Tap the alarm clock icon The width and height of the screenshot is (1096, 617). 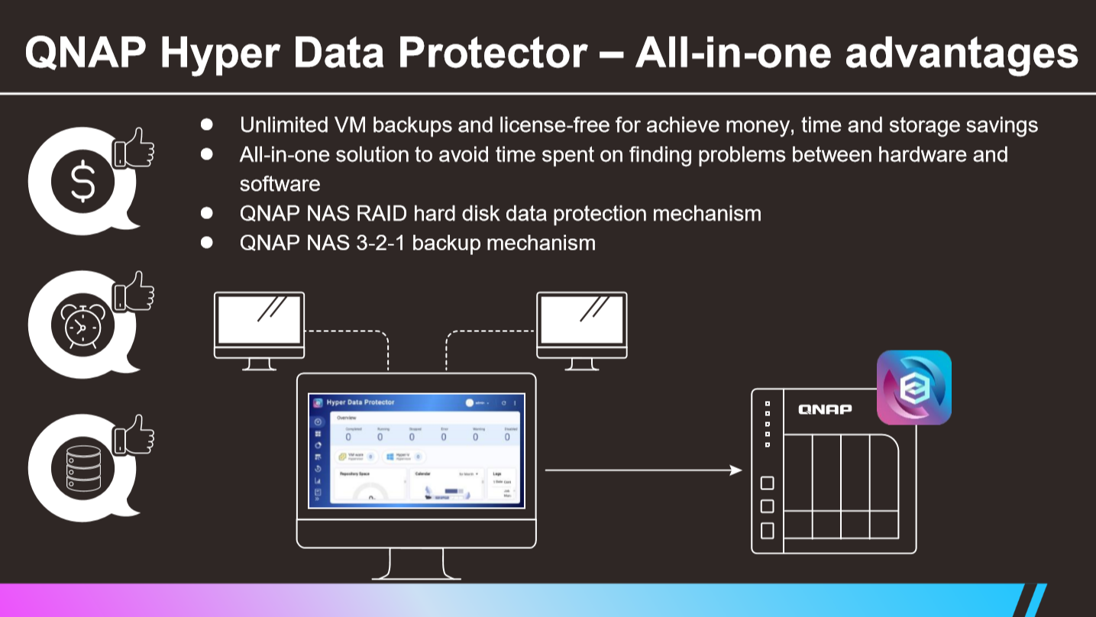[82, 326]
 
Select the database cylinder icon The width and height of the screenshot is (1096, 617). [82, 468]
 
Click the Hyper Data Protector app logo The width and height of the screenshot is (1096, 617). [913, 387]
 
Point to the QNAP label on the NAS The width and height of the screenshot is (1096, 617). [825, 409]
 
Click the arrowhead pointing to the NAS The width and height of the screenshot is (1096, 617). [736, 470]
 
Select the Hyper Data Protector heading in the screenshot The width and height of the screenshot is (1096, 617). [360, 402]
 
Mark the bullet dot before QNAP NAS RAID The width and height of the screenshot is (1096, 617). [206, 213]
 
